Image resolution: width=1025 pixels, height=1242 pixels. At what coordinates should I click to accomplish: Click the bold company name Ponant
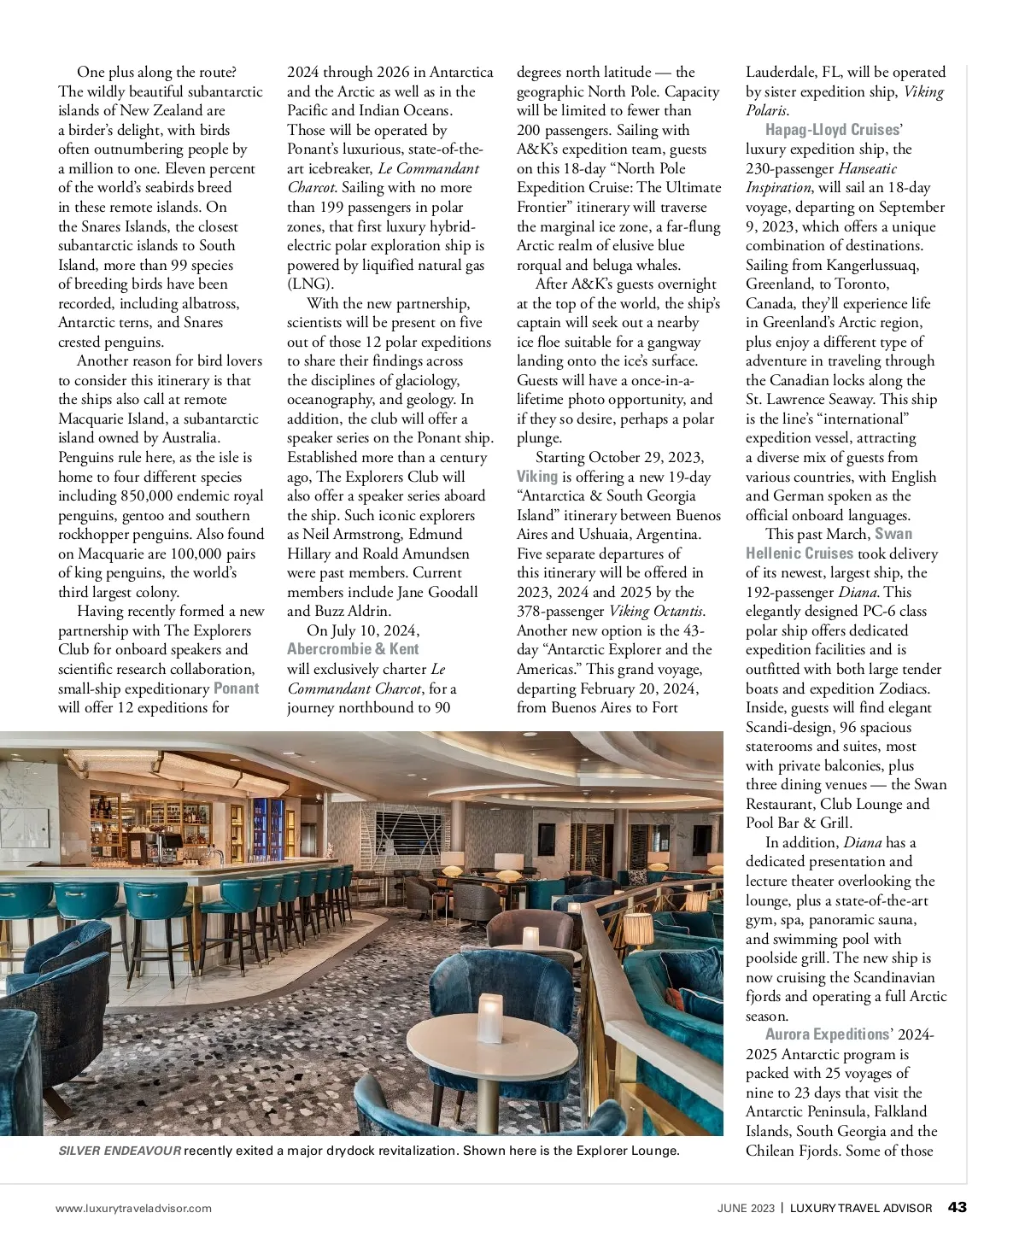pos(236,688)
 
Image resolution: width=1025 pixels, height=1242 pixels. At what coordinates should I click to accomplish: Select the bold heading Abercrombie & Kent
pos(353,649)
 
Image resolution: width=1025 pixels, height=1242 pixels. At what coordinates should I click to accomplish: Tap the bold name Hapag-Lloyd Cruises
pos(832,130)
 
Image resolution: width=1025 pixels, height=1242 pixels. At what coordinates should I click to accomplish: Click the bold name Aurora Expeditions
pos(827,1034)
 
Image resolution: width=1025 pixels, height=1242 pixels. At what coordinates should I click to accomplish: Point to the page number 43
pos(958,1207)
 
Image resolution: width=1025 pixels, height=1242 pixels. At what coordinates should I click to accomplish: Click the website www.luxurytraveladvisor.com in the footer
pos(133,1208)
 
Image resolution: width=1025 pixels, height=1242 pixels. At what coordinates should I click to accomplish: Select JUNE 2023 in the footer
pos(746,1208)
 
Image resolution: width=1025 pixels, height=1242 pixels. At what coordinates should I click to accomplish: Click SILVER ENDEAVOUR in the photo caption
pos(120,1151)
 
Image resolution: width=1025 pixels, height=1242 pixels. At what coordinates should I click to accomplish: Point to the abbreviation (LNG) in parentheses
pos(311,284)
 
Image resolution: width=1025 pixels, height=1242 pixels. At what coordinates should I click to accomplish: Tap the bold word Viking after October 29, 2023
pos(536,477)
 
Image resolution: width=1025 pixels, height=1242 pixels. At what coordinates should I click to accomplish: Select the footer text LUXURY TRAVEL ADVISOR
pos(861,1208)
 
